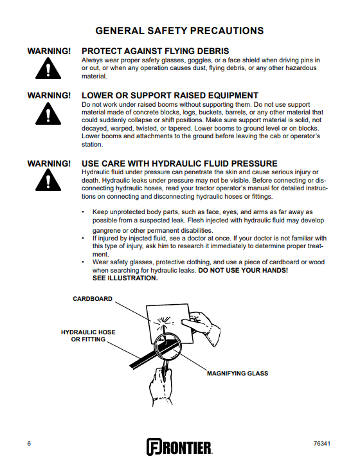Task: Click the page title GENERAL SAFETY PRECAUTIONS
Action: click(x=179, y=31)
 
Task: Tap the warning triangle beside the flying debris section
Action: click(x=48, y=69)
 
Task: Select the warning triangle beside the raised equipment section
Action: click(x=48, y=114)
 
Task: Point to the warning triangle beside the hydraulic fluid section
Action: click(x=48, y=180)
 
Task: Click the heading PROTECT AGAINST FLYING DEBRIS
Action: click(x=156, y=51)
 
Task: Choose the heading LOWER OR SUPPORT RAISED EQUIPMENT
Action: click(x=170, y=95)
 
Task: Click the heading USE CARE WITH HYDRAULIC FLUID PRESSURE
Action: click(x=179, y=163)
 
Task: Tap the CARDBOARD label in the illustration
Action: click(x=93, y=299)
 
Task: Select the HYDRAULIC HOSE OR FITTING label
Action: click(x=88, y=336)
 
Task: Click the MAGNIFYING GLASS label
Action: click(x=237, y=373)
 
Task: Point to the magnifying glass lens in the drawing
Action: click(x=168, y=347)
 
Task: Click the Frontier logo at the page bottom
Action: click(x=179, y=447)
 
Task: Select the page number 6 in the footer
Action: click(x=29, y=444)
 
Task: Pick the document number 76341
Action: click(x=322, y=444)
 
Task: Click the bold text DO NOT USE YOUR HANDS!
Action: click(x=243, y=270)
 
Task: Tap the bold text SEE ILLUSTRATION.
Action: click(x=125, y=278)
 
